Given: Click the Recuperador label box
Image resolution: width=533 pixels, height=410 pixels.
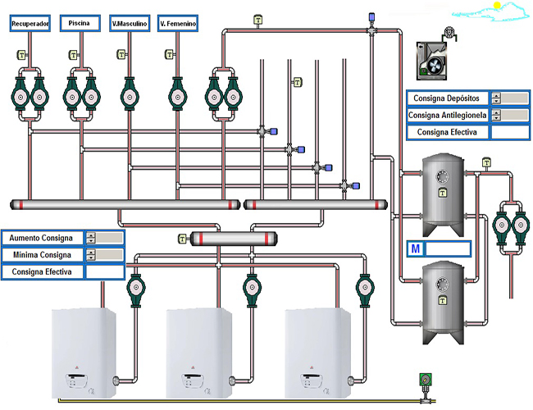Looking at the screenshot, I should [31, 25].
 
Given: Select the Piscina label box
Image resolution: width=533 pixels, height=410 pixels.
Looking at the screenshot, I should [80, 25].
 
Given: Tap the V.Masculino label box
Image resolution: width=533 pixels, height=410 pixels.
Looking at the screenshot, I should [130, 25].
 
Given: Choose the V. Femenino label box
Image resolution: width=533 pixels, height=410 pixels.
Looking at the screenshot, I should [178, 25].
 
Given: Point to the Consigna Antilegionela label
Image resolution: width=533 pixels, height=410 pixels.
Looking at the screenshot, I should [447, 115].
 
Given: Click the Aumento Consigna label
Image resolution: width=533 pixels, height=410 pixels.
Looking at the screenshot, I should [43, 238].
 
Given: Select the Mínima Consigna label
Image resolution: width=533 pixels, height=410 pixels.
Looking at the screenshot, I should [43, 255].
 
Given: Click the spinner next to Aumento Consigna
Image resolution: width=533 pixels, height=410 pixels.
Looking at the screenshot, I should [90, 238].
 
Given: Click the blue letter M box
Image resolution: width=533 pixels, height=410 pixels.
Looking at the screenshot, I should [416, 248].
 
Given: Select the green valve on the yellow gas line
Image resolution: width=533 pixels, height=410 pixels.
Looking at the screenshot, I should [424, 380].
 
